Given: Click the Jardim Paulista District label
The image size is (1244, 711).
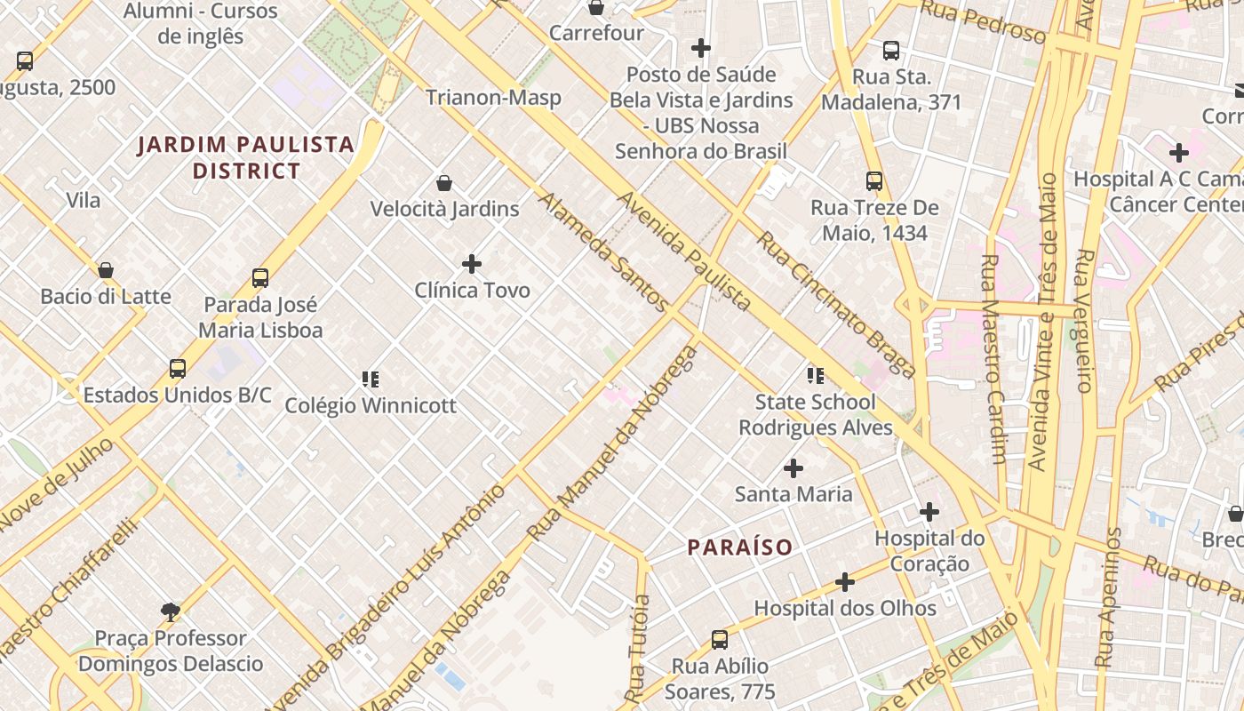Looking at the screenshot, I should click(x=246, y=157).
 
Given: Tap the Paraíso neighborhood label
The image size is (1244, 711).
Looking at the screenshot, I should click(x=740, y=547).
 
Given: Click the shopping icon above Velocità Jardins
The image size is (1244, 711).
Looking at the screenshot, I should click(x=444, y=183).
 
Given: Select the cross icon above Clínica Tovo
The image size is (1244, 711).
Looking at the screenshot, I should click(x=472, y=264).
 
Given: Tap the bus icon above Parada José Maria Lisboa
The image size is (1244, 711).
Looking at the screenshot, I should click(x=260, y=278).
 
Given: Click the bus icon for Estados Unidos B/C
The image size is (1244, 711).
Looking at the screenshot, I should click(x=178, y=369).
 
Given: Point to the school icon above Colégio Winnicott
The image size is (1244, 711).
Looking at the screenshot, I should click(x=371, y=379).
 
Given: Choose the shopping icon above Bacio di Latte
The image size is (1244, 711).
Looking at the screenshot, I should click(x=106, y=270).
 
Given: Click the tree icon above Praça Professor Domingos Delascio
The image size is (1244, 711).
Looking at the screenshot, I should click(x=171, y=611).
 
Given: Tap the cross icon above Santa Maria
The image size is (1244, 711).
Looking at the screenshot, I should click(x=793, y=467).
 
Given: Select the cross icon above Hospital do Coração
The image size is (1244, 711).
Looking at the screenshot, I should click(x=929, y=512).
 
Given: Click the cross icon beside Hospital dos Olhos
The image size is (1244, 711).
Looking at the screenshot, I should click(x=845, y=582).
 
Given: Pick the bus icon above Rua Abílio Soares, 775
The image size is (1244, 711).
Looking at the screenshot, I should click(x=720, y=640).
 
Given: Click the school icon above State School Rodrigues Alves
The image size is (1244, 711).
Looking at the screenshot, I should click(x=815, y=376).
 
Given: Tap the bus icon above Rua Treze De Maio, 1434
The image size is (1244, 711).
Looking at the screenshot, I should click(x=874, y=181).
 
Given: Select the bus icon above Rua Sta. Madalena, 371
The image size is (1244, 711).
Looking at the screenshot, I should click(x=891, y=51).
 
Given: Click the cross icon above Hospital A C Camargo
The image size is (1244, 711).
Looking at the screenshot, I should click(x=1179, y=153).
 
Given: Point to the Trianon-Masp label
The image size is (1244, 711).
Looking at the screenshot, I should click(x=493, y=97).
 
